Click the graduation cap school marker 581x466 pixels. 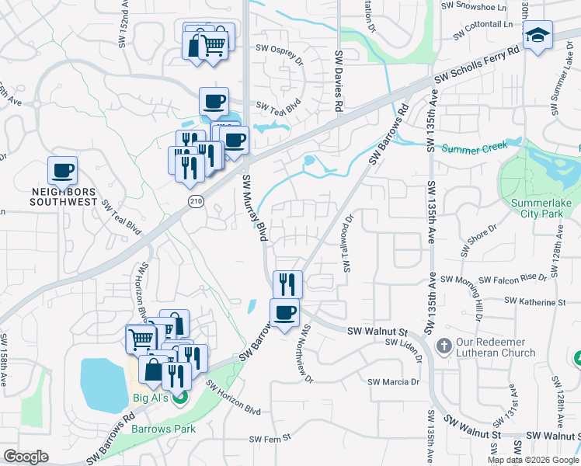click(x=537, y=37)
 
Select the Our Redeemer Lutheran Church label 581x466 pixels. click(x=496, y=347)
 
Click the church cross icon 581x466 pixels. click(x=444, y=346)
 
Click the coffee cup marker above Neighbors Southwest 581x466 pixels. click(x=63, y=170)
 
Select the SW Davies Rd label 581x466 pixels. click(x=339, y=82)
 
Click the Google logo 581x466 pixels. click(x=26, y=457)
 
